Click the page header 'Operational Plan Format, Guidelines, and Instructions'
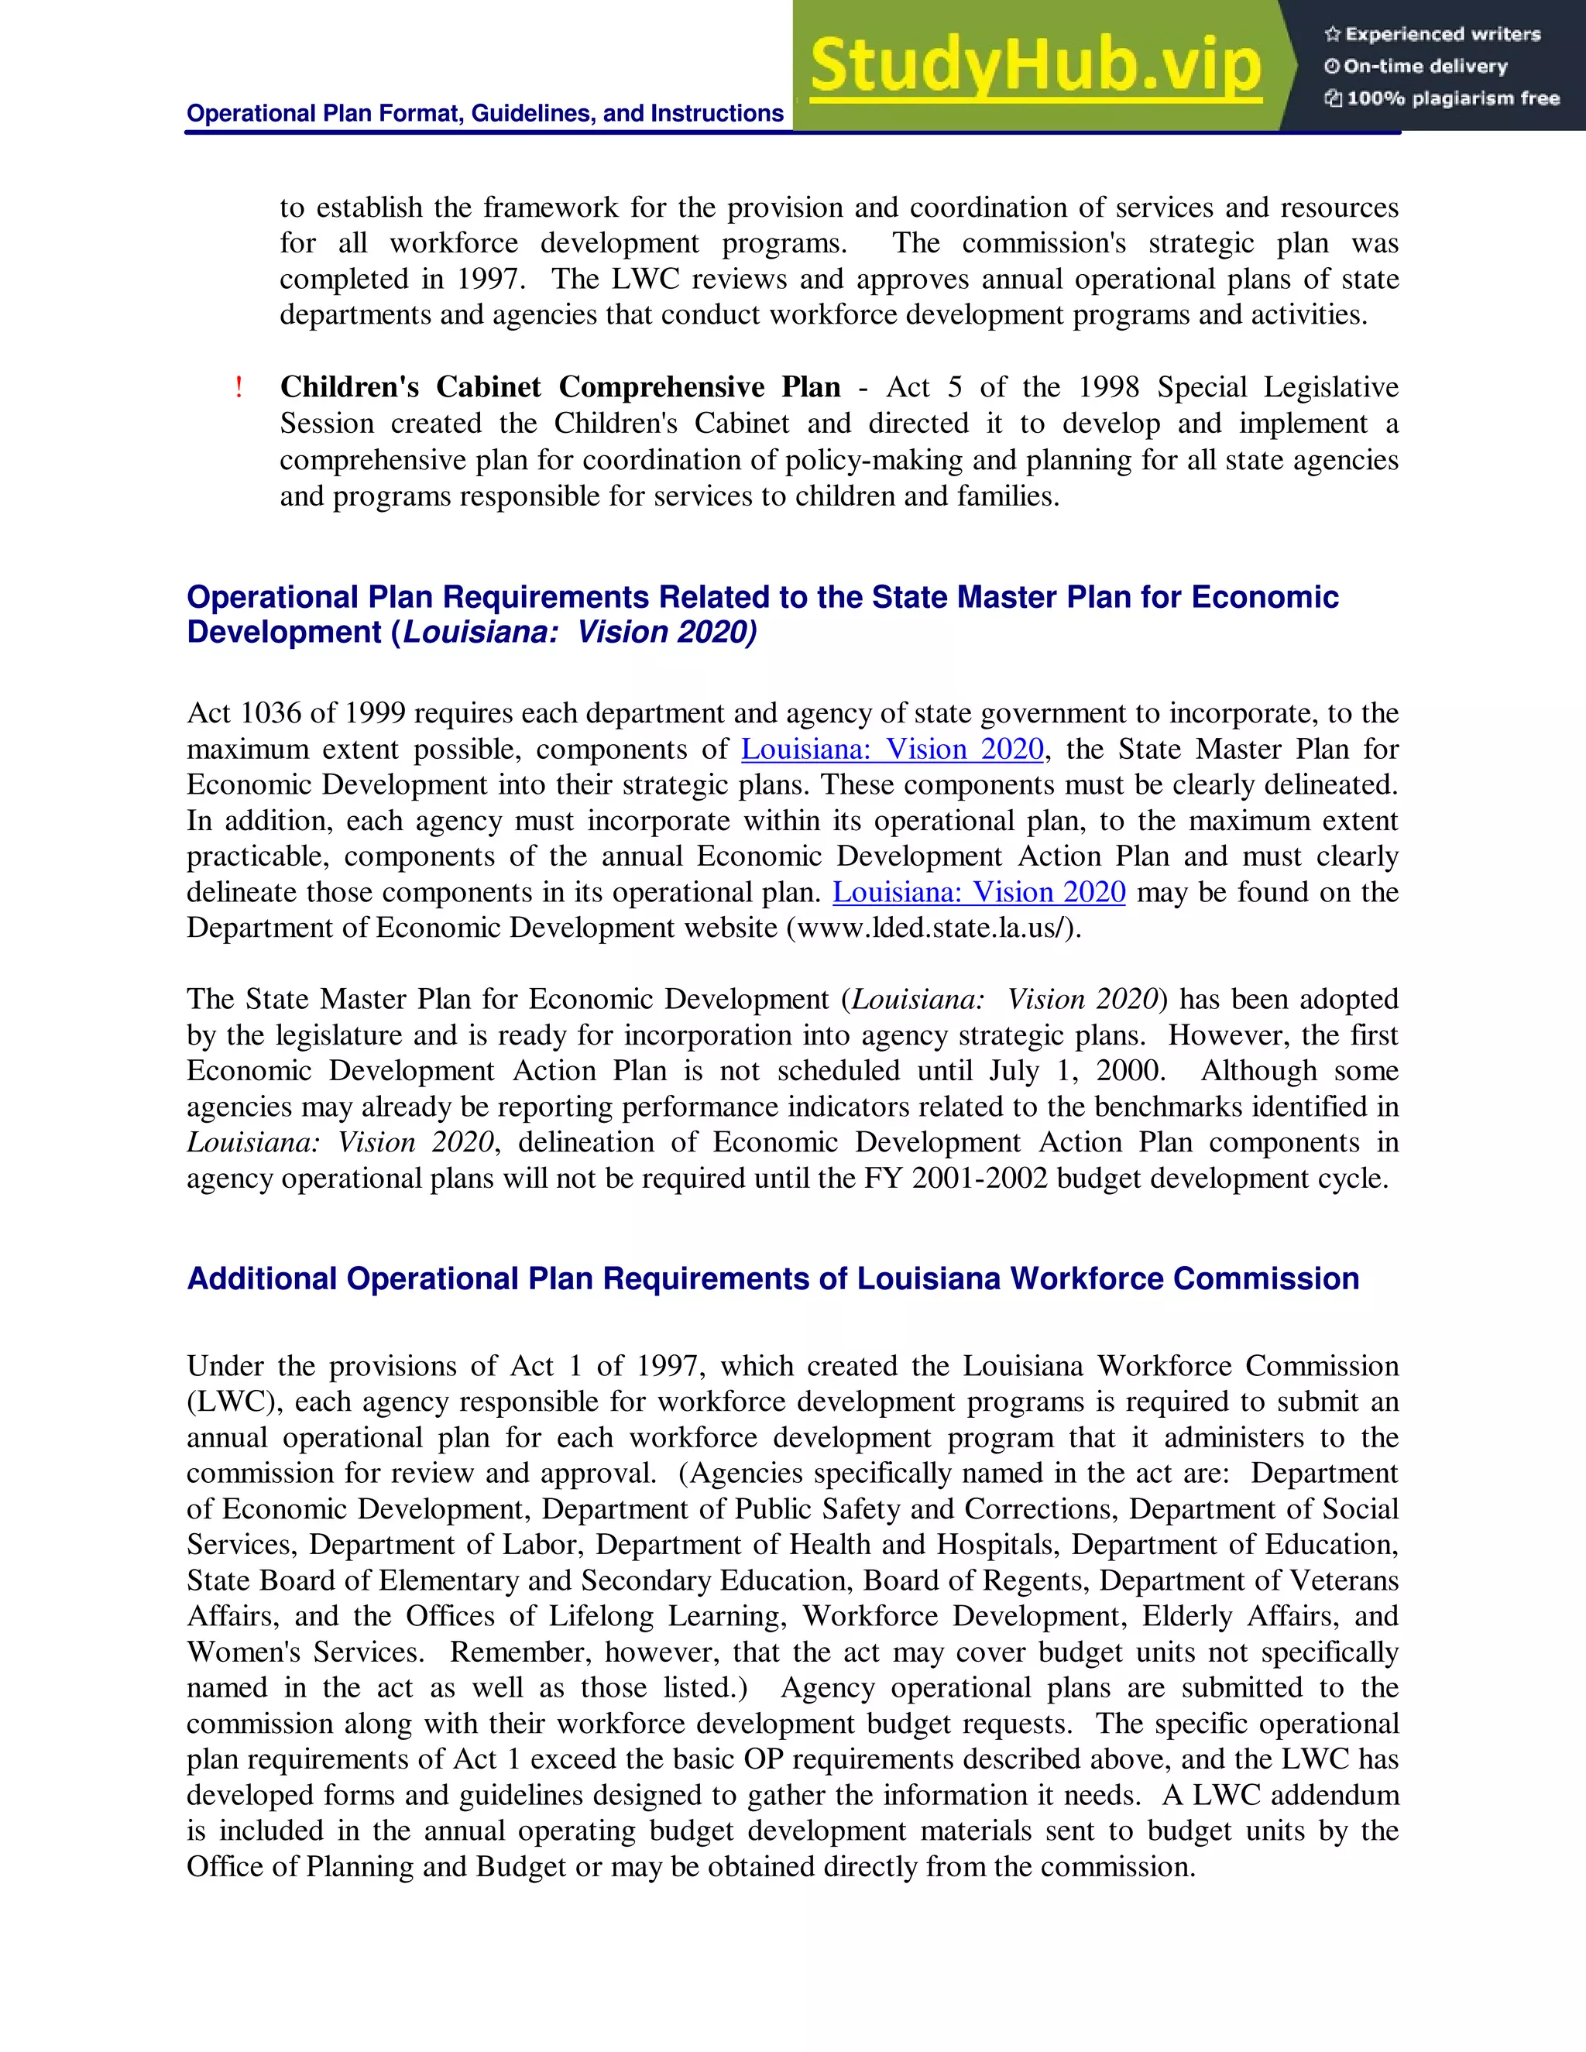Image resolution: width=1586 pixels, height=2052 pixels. [x=485, y=114]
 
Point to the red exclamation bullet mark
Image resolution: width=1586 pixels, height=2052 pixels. [x=239, y=387]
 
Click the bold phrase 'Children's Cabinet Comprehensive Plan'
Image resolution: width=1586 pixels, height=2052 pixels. [x=560, y=387]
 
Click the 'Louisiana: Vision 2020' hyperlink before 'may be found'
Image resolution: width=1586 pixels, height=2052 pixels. [x=978, y=891]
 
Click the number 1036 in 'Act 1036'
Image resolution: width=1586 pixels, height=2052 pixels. [x=272, y=713]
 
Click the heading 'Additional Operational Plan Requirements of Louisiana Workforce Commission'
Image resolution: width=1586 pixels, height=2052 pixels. [x=772, y=1278]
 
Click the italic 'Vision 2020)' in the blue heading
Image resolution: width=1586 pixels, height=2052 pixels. [x=666, y=633]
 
